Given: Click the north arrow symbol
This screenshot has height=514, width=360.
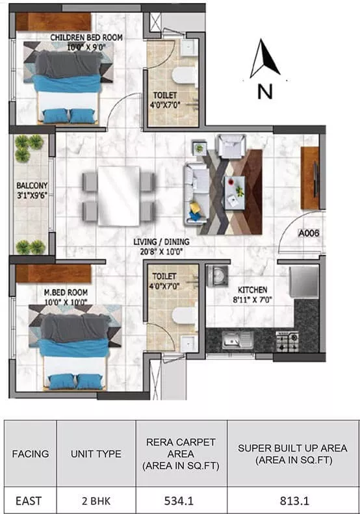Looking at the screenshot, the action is (x=264, y=59).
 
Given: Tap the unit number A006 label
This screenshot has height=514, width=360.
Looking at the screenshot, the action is (x=308, y=233).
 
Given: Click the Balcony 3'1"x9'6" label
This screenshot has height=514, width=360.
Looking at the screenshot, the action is (x=32, y=190).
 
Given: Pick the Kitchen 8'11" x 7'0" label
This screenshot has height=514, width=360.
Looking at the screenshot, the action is (x=253, y=295).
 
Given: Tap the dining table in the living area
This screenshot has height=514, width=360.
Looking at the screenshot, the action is (x=119, y=196).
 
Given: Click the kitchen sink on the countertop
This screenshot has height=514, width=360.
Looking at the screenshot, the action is (x=238, y=340).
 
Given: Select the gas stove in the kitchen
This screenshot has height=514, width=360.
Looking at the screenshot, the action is (x=287, y=341).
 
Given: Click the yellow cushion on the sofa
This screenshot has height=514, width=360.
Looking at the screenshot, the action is (x=195, y=207).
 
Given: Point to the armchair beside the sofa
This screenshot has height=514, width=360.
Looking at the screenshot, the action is (x=231, y=146).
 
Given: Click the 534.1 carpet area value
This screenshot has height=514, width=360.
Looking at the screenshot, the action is (x=179, y=500).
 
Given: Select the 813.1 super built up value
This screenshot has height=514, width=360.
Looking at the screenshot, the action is (x=294, y=500).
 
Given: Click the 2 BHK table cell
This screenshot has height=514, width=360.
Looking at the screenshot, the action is (x=96, y=501).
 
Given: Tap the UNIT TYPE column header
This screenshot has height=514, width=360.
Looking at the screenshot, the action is (x=96, y=454).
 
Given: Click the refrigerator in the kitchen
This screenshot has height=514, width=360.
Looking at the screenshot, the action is (x=304, y=282).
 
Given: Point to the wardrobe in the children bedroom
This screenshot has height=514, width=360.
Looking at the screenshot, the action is (x=53, y=22).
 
